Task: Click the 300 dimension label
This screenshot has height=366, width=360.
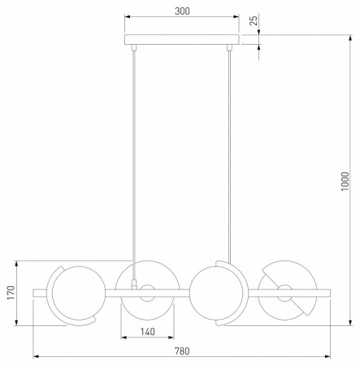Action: click(182, 11)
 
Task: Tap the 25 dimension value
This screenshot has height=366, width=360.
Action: click(254, 20)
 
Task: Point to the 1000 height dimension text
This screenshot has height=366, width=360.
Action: click(345, 181)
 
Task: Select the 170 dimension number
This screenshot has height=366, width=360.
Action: click(11, 293)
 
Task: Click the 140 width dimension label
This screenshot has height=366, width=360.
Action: click(148, 332)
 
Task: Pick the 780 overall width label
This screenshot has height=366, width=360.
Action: click(182, 351)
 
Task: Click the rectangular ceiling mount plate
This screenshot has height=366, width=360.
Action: click(182, 40)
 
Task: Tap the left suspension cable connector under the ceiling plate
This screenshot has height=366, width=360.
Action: click(133, 48)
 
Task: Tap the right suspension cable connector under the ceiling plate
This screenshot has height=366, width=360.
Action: click(229, 48)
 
